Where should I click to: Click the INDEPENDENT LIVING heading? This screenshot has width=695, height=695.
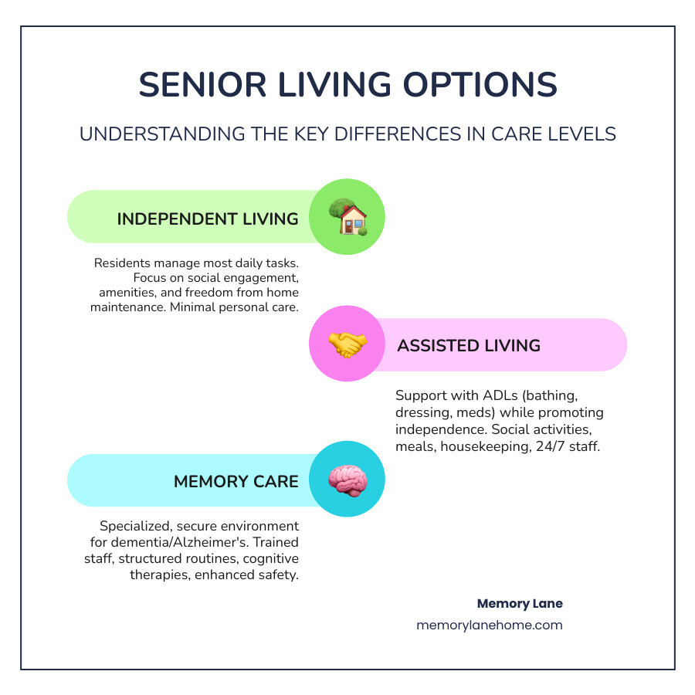208,219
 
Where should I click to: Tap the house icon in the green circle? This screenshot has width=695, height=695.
347,217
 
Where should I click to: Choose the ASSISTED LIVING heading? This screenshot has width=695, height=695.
469,345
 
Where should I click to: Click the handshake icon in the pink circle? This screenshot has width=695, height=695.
347,344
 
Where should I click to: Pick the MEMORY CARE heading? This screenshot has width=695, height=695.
236,481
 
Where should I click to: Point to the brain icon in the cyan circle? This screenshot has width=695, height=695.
347,480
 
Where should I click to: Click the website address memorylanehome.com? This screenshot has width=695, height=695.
490,625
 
